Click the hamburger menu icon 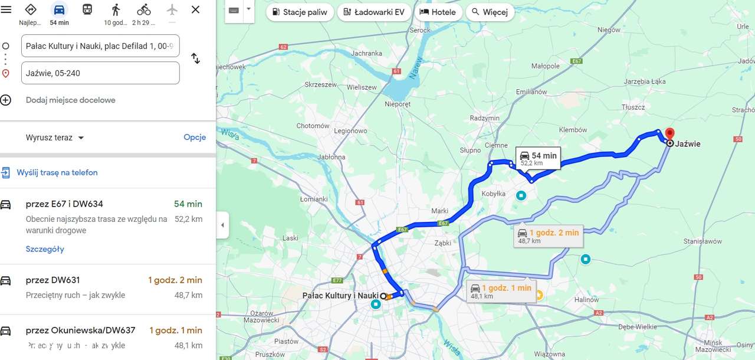point(6,9)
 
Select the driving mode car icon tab point(59,10)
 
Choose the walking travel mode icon point(116,10)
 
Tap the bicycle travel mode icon point(144,10)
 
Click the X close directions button point(196,9)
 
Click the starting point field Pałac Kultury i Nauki point(100,46)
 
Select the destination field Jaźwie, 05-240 point(100,73)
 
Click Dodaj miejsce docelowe point(70,100)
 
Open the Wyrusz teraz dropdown point(55,138)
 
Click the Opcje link point(195,138)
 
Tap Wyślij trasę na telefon point(57,173)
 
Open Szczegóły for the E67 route point(45,249)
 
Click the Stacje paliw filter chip point(300,12)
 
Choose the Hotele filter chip point(437,12)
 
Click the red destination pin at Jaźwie point(669,134)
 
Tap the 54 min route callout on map point(538,158)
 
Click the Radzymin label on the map point(485,118)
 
